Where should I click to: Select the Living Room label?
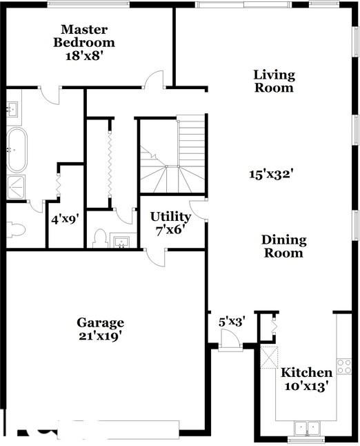pos(274,81)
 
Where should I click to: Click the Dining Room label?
pos(283,246)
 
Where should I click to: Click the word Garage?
pos(100,322)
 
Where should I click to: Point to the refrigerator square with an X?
pos(268,358)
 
